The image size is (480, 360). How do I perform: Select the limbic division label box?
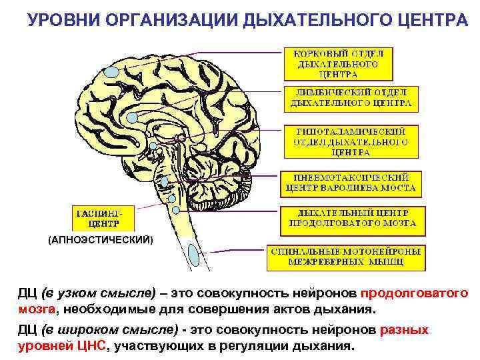(351, 97)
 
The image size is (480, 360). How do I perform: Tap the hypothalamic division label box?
(351, 141)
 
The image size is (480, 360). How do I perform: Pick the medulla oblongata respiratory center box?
(351, 218)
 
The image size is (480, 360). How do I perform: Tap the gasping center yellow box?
(102, 218)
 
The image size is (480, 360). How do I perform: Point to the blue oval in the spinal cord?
(195, 253)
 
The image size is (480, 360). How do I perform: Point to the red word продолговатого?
(414, 293)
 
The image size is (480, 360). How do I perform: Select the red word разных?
(404, 330)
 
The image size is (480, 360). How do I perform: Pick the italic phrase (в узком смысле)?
(98, 293)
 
